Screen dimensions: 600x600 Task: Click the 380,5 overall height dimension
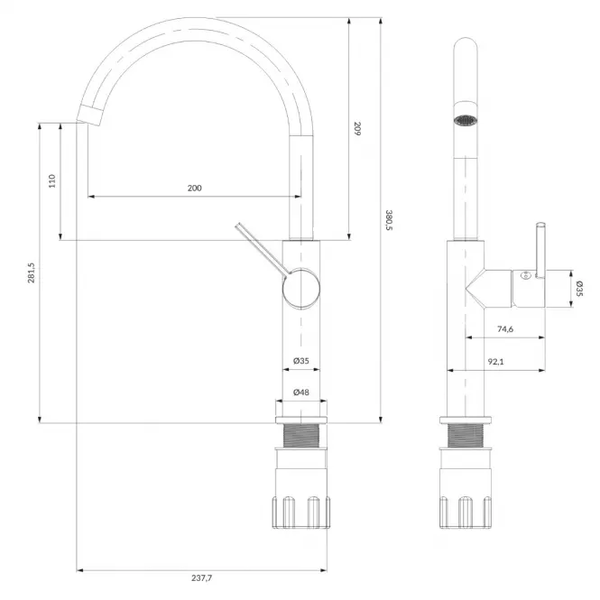click(x=389, y=220)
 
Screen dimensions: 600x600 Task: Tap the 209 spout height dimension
click(x=357, y=128)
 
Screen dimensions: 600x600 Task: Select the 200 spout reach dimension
click(x=194, y=188)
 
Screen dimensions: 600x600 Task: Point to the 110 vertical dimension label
click(x=52, y=180)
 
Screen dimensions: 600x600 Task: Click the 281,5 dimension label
click(x=31, y=272)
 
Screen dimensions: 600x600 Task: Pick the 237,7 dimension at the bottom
click(x=202, y=577)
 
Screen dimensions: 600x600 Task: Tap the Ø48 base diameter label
click(x=301, y=392)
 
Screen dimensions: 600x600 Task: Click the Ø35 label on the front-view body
click(x=301, y=361)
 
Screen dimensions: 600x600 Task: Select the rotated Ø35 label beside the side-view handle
click(x=579, y=289)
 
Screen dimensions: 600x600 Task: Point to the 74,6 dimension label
click(x=505, y=329)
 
